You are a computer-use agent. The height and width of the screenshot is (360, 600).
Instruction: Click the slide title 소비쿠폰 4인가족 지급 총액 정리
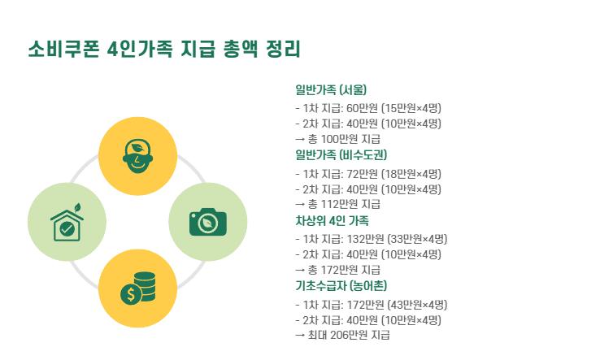pyautogui.click(x=164, y=50)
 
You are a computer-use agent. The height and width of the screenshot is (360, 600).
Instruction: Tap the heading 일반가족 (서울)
pyautogui.click(x=331, y=89)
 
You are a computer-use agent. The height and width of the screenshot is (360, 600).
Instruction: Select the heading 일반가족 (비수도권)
pyautogui.click(x=341, y=155)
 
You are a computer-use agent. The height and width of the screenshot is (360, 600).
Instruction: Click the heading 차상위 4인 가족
pyautogui.click(x=332, y=221)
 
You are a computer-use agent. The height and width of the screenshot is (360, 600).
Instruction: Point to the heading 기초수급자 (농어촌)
pyautogui.click(x=341, y=286)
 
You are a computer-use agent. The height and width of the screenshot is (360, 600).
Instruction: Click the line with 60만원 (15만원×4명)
pyautogui.click(x=368, y=108)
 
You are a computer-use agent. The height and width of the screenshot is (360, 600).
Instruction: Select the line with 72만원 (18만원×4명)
pyautogui.click(x=368, y=174)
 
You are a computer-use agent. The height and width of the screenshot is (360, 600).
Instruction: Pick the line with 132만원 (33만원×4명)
pyautogui.click(x=372, y=239)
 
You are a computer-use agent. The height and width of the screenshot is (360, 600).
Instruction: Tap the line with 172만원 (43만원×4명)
pyautogui.click(x=372, y=305)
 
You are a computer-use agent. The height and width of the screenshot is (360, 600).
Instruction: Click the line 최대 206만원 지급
pyautogui.click(x=342, y=335)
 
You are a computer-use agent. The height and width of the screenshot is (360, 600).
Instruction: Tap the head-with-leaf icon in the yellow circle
pyautogui.click(x=137, y=153)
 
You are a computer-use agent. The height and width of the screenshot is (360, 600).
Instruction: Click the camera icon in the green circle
pyautogui.click(x=207, y=222)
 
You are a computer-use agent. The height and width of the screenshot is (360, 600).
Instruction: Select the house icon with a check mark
pyautogui.click(x=67, y=224)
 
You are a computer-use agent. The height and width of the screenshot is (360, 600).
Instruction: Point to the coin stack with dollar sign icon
pyautogui.click(x=137, y=288)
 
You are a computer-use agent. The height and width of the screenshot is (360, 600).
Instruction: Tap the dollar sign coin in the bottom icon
pyautogui.click(x=128, y=294)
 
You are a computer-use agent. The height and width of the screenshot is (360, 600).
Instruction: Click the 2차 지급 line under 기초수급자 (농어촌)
pyautogui.click(x=368, y=320)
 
